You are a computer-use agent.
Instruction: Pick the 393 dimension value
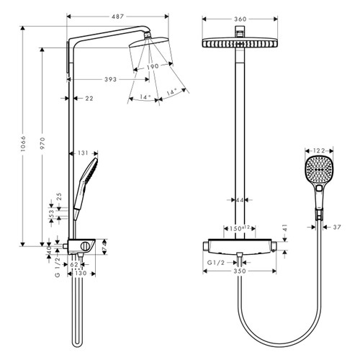click(x=109, y=78)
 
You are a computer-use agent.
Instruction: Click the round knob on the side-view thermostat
click(x=86, y=248)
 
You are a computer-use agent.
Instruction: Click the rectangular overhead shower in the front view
click(x=237, y=42)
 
